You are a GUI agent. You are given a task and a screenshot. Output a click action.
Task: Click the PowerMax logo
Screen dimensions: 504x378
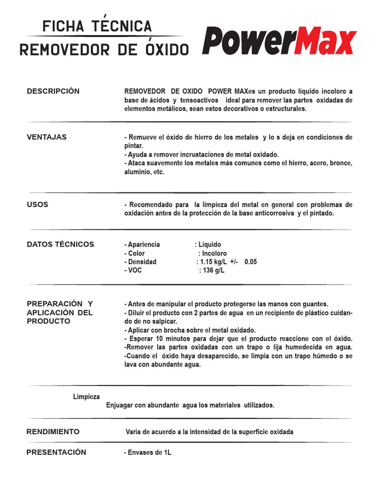279,41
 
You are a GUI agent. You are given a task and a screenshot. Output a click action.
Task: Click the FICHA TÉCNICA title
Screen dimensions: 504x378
97,26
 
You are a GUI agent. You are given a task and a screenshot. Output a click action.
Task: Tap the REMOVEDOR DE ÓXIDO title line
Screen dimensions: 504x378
104,50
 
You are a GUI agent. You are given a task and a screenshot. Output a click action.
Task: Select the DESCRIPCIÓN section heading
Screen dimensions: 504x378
53,92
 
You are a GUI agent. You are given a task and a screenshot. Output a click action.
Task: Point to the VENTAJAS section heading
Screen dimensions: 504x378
47,137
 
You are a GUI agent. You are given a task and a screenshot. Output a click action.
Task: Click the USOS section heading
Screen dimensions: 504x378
37,204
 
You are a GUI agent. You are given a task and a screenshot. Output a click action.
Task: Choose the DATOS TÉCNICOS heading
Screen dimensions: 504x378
60,245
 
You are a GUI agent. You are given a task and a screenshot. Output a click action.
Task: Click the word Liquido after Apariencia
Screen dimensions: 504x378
210,245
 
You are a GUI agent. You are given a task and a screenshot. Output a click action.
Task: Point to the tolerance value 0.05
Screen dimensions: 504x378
251,262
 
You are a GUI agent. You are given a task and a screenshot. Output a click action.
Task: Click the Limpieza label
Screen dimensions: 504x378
87,397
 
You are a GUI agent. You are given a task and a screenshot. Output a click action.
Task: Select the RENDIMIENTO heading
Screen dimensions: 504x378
53,432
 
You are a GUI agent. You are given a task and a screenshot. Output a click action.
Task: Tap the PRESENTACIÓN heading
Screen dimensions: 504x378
56,452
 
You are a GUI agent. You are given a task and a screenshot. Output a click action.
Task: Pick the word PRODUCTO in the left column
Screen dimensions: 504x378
48,321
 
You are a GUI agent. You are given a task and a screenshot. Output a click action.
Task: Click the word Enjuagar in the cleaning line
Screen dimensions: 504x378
120,405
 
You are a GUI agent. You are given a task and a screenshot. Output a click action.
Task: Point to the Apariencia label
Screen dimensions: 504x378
143,245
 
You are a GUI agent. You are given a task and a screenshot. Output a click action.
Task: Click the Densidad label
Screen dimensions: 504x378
142,262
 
